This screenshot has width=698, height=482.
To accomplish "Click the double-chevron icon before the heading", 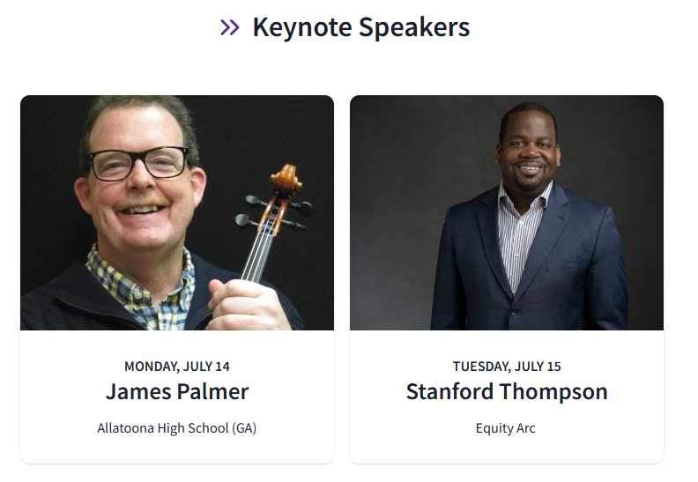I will [x=230, y=28].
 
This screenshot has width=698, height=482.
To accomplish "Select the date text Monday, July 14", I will [x=177, y=367].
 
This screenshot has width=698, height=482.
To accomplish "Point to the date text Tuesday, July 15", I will [x=507, y=367].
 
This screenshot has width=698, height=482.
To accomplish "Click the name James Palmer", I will [x=177, y=391].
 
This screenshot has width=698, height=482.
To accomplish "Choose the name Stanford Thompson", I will [x=507, y=391].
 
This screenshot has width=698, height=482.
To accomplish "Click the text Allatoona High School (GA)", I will [x=177, y=428].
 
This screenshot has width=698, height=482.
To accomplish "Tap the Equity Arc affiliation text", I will [x=506, y=428].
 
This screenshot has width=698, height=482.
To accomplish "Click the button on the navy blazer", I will [x=514, y=311].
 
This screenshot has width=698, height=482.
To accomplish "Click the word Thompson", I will [x=557, y=391].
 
